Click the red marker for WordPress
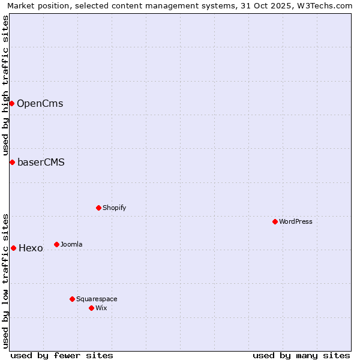tap(275, 221)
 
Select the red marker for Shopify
tap(99, 208)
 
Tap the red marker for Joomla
tap(57, 244)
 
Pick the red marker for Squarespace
tap(73, 299)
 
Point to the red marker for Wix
tap(92, 308)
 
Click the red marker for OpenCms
tap(11, 103)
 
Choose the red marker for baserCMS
tap(12, 162)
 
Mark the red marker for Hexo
tap(13, 248)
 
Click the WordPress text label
tap(296, 221)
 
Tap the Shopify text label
tap(115, 208)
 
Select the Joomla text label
tap(71, 244)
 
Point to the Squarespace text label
tap(97, 299)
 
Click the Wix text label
tap(101, 308)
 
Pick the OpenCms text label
tap(40, 103)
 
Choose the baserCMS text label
tap(41, 162)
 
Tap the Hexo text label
tap(31, 248)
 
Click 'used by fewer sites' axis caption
tap(62, 355)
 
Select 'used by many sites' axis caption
tap(301, 355)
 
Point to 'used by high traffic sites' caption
tap(5, 85)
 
